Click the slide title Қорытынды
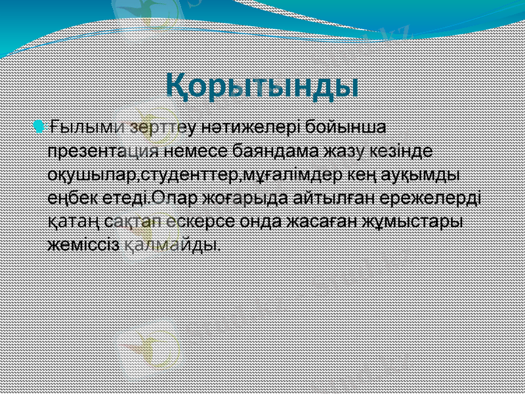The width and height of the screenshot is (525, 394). pos(261,87)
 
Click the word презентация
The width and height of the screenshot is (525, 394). pos(104,150)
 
